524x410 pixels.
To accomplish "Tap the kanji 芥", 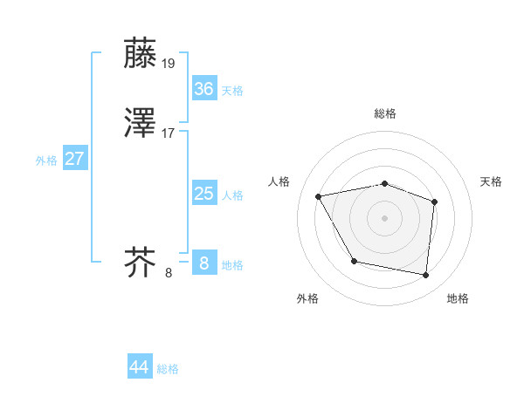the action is click(140, 261).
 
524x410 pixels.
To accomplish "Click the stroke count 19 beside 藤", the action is click(169, 63).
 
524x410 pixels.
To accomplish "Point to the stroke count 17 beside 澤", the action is click(169, 134).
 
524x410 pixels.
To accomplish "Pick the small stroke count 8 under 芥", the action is click(169, 273).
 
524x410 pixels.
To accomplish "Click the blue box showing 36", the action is click(203, 88).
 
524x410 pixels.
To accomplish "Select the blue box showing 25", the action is click(203, 194).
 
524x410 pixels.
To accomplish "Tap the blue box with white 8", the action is click(203, 263).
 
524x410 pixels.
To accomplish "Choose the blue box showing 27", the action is click(75, 160).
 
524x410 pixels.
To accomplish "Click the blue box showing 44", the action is click(140, 367).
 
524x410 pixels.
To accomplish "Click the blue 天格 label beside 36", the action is click(232, 91).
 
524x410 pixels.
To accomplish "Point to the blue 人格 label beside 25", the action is click(232, 196).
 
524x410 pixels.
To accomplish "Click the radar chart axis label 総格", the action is click(385, 113).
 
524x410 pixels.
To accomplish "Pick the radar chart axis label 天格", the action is click(491, 181).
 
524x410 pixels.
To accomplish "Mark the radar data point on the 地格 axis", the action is click(425, 276).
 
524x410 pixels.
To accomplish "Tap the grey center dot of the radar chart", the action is click(384, 217).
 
